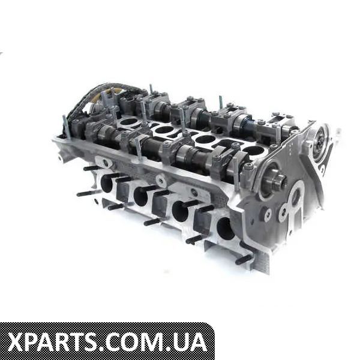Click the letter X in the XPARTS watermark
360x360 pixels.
[18, 343]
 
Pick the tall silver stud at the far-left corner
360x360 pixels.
[67, 127]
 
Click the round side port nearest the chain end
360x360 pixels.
[106, 184]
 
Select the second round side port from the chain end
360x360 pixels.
[140, 196]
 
